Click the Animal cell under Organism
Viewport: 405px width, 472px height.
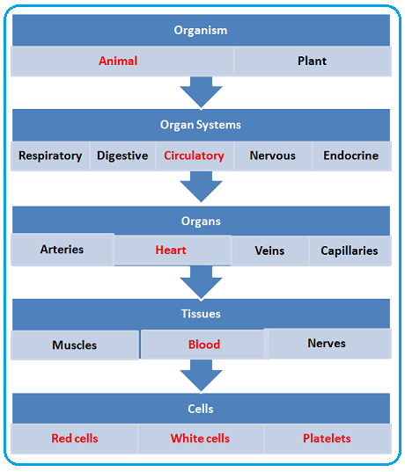(118, 62)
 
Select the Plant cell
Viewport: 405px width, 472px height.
(312, 62)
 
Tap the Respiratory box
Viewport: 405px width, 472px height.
(50, 156)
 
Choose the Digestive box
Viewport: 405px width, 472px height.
(122, 156)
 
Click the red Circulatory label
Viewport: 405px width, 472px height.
(194, 156)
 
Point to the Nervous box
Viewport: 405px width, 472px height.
(272, 156)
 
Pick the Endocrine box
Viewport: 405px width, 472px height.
(350, 156)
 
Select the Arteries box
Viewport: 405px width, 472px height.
(62, 250)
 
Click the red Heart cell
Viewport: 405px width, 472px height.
(171, 251)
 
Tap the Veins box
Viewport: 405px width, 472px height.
(269, 251)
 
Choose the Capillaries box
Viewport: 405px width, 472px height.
(350, 251)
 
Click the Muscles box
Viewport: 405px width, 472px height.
(75, 345)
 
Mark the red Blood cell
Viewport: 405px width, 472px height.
(203, 345)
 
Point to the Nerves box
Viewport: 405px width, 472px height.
(327, 344)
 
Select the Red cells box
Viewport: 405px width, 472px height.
(74, 439)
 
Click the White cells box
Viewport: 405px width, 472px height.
(201, 439)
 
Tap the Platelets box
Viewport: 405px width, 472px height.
(327, 439)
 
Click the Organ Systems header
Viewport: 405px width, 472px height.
(201, 125)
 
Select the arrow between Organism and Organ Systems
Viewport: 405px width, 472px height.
(201, 91)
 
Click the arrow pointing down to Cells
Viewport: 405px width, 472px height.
(201, 375)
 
